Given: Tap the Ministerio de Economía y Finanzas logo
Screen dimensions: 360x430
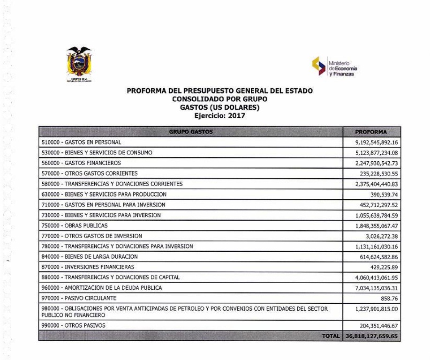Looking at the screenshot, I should coord(334,67).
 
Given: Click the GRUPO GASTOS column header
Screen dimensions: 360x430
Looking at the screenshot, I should coord(190,132).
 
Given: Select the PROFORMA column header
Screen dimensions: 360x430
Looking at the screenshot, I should coord(371,132).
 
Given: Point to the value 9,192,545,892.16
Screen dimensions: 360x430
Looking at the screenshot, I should coord(377,142).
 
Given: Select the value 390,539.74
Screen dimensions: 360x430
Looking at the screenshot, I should coord(384,195).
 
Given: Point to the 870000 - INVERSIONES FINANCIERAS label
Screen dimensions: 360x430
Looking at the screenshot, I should coord(88,267).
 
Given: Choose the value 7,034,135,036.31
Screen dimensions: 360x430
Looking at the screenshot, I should coord(377,288).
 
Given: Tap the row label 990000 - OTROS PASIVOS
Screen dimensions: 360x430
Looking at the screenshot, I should coord(74,325).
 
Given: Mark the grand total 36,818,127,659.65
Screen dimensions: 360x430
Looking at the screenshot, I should coord(371,336).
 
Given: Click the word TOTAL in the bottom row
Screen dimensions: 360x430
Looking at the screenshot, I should coord(331,336).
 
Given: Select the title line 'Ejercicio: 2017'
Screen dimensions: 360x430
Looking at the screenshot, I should coord(219,116).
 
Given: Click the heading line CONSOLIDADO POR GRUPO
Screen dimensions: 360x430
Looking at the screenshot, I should coord(219,99).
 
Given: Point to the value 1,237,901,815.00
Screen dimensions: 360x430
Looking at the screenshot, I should coord(377,309).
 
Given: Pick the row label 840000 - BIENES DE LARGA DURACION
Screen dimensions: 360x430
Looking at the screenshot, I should coord(88,257).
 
